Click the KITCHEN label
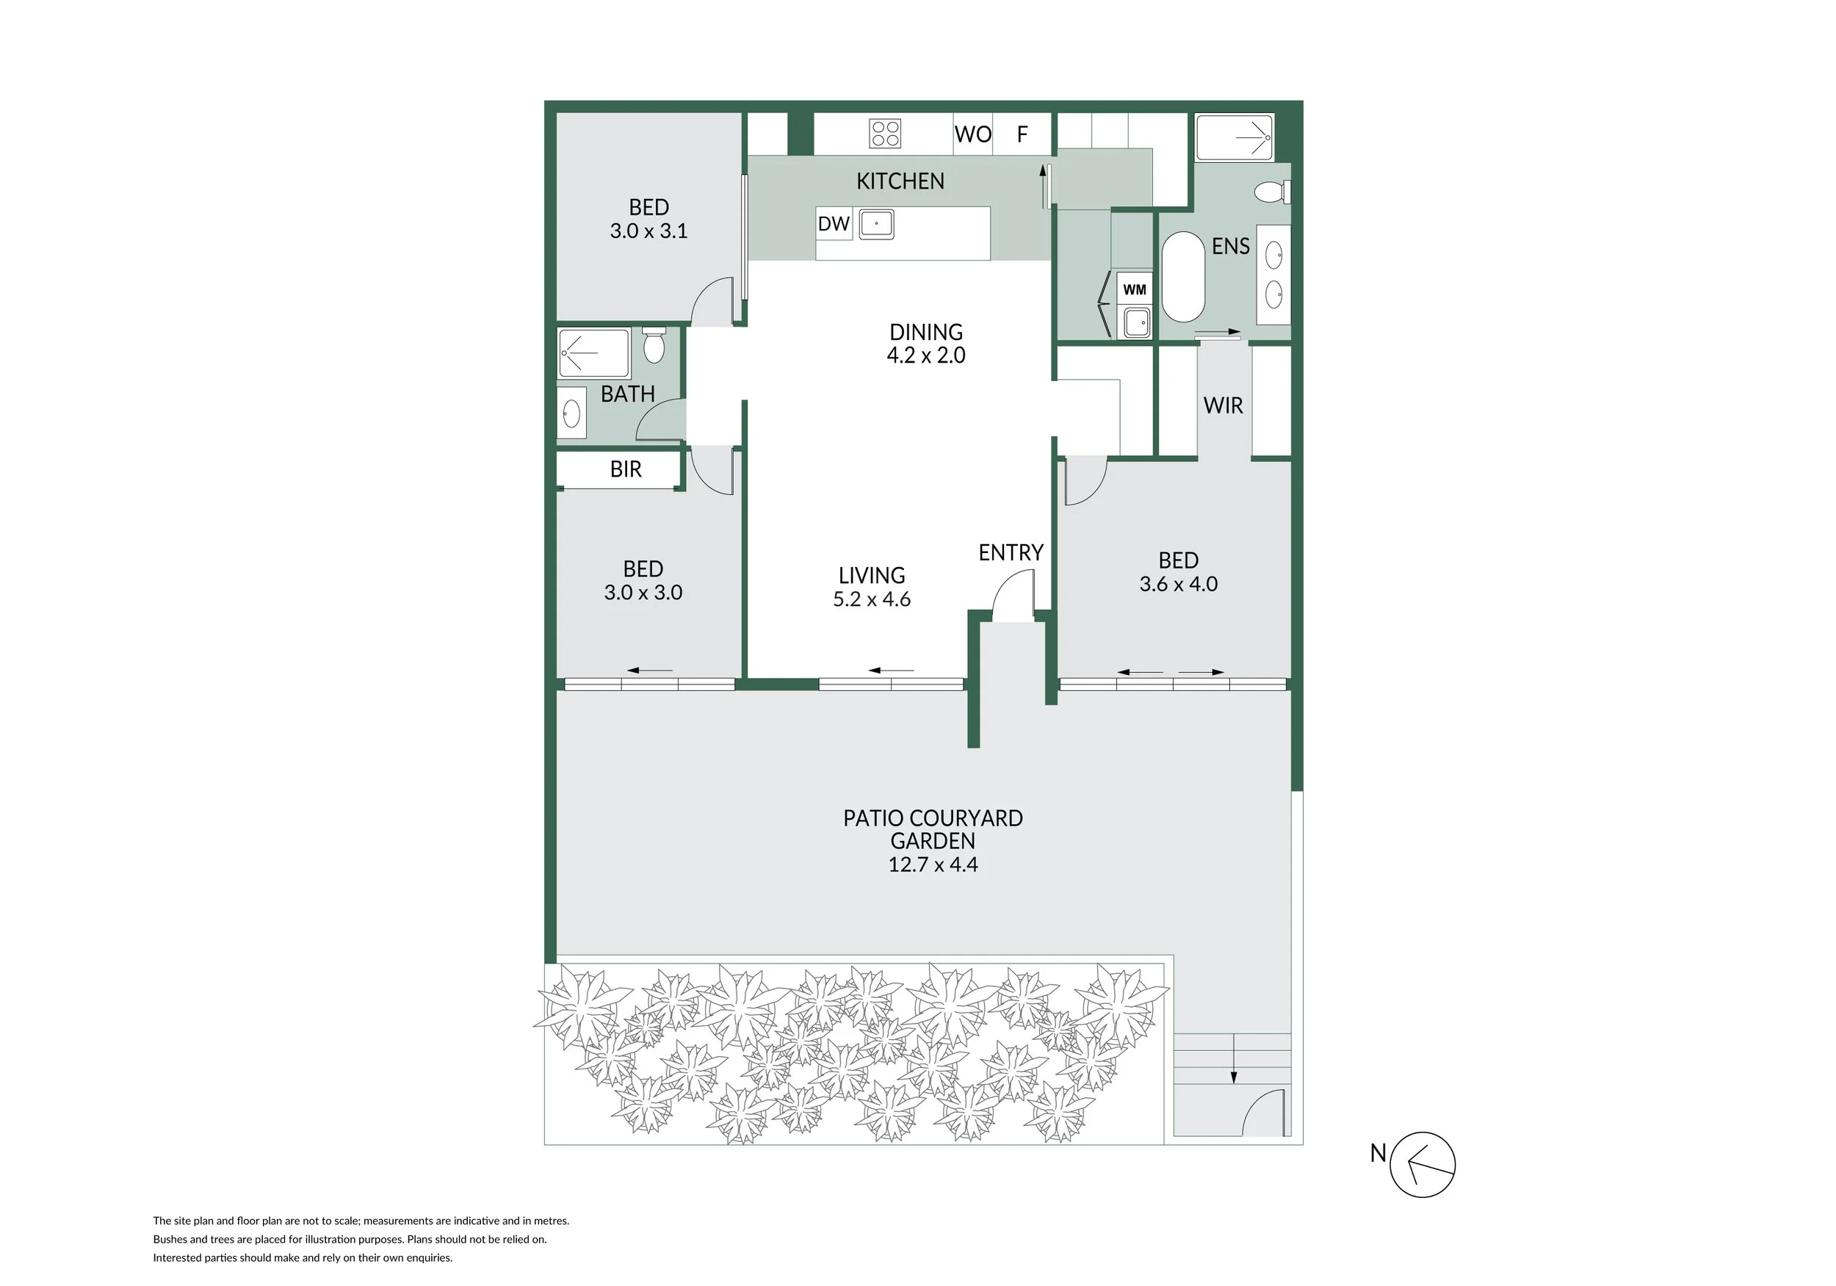[900, 181]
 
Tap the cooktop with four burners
[885, 134]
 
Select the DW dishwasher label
[834, 224]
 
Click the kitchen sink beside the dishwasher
[876, 225]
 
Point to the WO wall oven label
[972, 134]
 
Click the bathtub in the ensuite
[1182, 277]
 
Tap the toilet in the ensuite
[1272, 192]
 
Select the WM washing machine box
[1134, 289]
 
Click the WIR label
[1223, 405]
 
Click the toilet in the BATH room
[654, 344]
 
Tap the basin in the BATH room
[571, 413]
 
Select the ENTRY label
[1011, 552]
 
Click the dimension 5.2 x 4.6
[872, 599]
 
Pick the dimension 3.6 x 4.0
[1178, 584]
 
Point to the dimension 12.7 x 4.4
[933, 864]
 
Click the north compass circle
[1423, 1164]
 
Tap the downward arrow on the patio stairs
[1233, 1058]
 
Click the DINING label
[926, 332]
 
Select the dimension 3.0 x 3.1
[648, 231]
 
